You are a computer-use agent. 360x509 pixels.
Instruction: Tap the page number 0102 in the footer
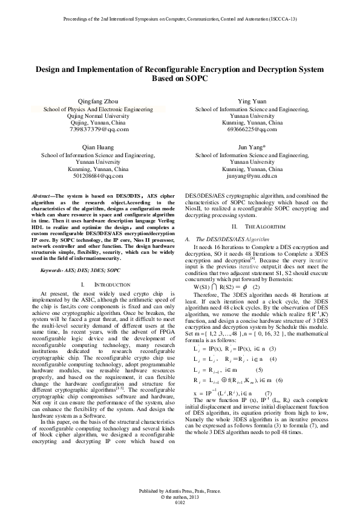point(180,501)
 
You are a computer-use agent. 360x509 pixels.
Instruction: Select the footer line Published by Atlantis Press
point(180,488)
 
